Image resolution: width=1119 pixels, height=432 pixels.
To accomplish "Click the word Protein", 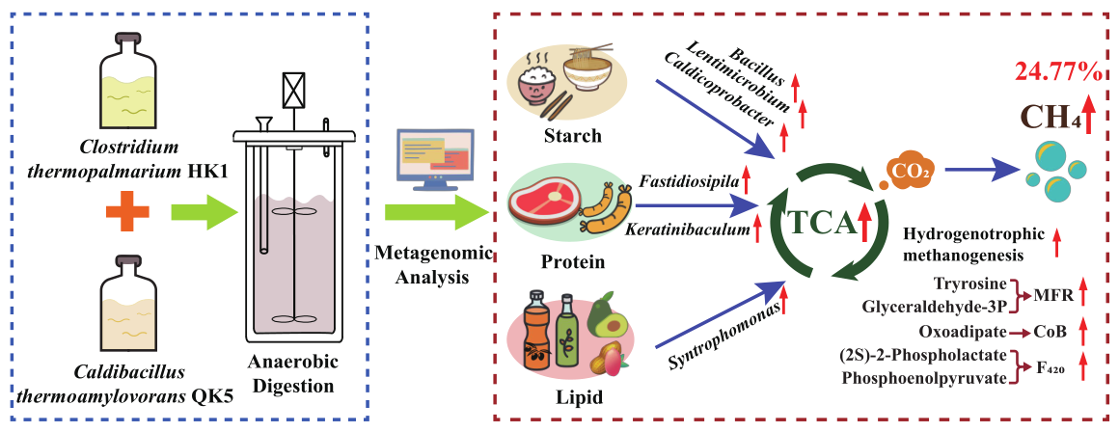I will click(572, 261).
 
